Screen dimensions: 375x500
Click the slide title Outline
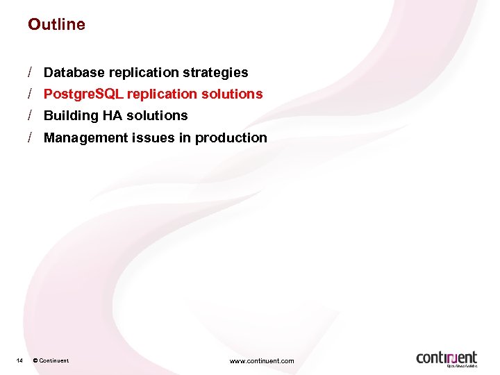tap(56, 24)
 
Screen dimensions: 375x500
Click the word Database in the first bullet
tap(73, 72)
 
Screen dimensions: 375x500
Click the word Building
tap(70, 115)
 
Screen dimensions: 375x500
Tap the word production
tap(231, 137)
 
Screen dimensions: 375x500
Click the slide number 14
tap(19, 360)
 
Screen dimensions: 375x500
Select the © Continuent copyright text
tap(51, 360)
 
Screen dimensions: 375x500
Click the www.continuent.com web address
tap(262, 360)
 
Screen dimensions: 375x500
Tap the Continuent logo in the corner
tap(447, 358)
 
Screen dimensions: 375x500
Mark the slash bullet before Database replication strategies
tap(31, 72)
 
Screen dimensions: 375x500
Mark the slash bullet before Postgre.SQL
tap(31, 94)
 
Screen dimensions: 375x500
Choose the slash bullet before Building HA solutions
tap(31, 115)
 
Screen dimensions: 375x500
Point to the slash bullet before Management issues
tap(31, 137)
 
